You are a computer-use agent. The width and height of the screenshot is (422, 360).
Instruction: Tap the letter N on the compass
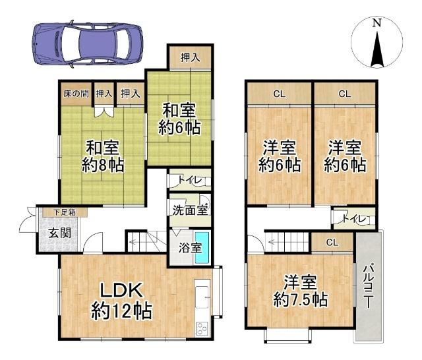coord(377,22)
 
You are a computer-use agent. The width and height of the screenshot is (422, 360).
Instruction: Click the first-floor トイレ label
coord(187,179)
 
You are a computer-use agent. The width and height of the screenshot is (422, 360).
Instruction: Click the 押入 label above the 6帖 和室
coord(190,57)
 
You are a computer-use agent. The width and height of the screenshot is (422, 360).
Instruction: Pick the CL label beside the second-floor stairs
coord(332,243)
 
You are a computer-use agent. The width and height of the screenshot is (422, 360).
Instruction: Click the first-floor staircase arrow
coord(138,243)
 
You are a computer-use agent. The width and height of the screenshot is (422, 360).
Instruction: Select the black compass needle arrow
coord(377,49)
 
